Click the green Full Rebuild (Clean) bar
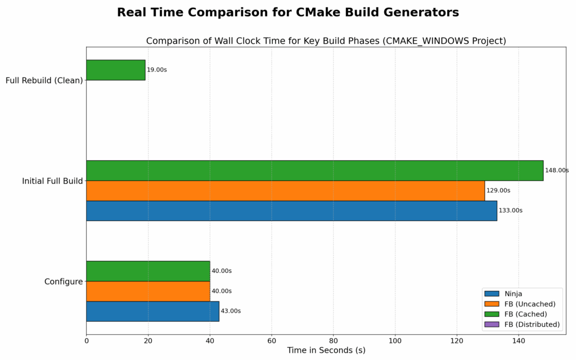(x=115, y=70)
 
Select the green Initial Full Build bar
(x=314, y=170)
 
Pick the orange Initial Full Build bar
(x=285, y=191)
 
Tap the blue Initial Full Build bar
(x=291, y=210)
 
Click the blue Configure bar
(x=152, y=311)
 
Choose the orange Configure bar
(x=148, y=291)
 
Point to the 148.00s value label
(x=557, y=170)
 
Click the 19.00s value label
(x=157, y=70)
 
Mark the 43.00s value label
(x=231, y=311)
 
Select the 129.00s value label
(x=498, y=191)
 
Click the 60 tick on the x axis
(x=272, y=341)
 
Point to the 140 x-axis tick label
(x=519, y=341)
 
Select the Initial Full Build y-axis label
(x=52, y=181)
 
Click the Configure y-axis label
(x=64, y=281)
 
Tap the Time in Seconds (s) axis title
(x=326, y=350)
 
